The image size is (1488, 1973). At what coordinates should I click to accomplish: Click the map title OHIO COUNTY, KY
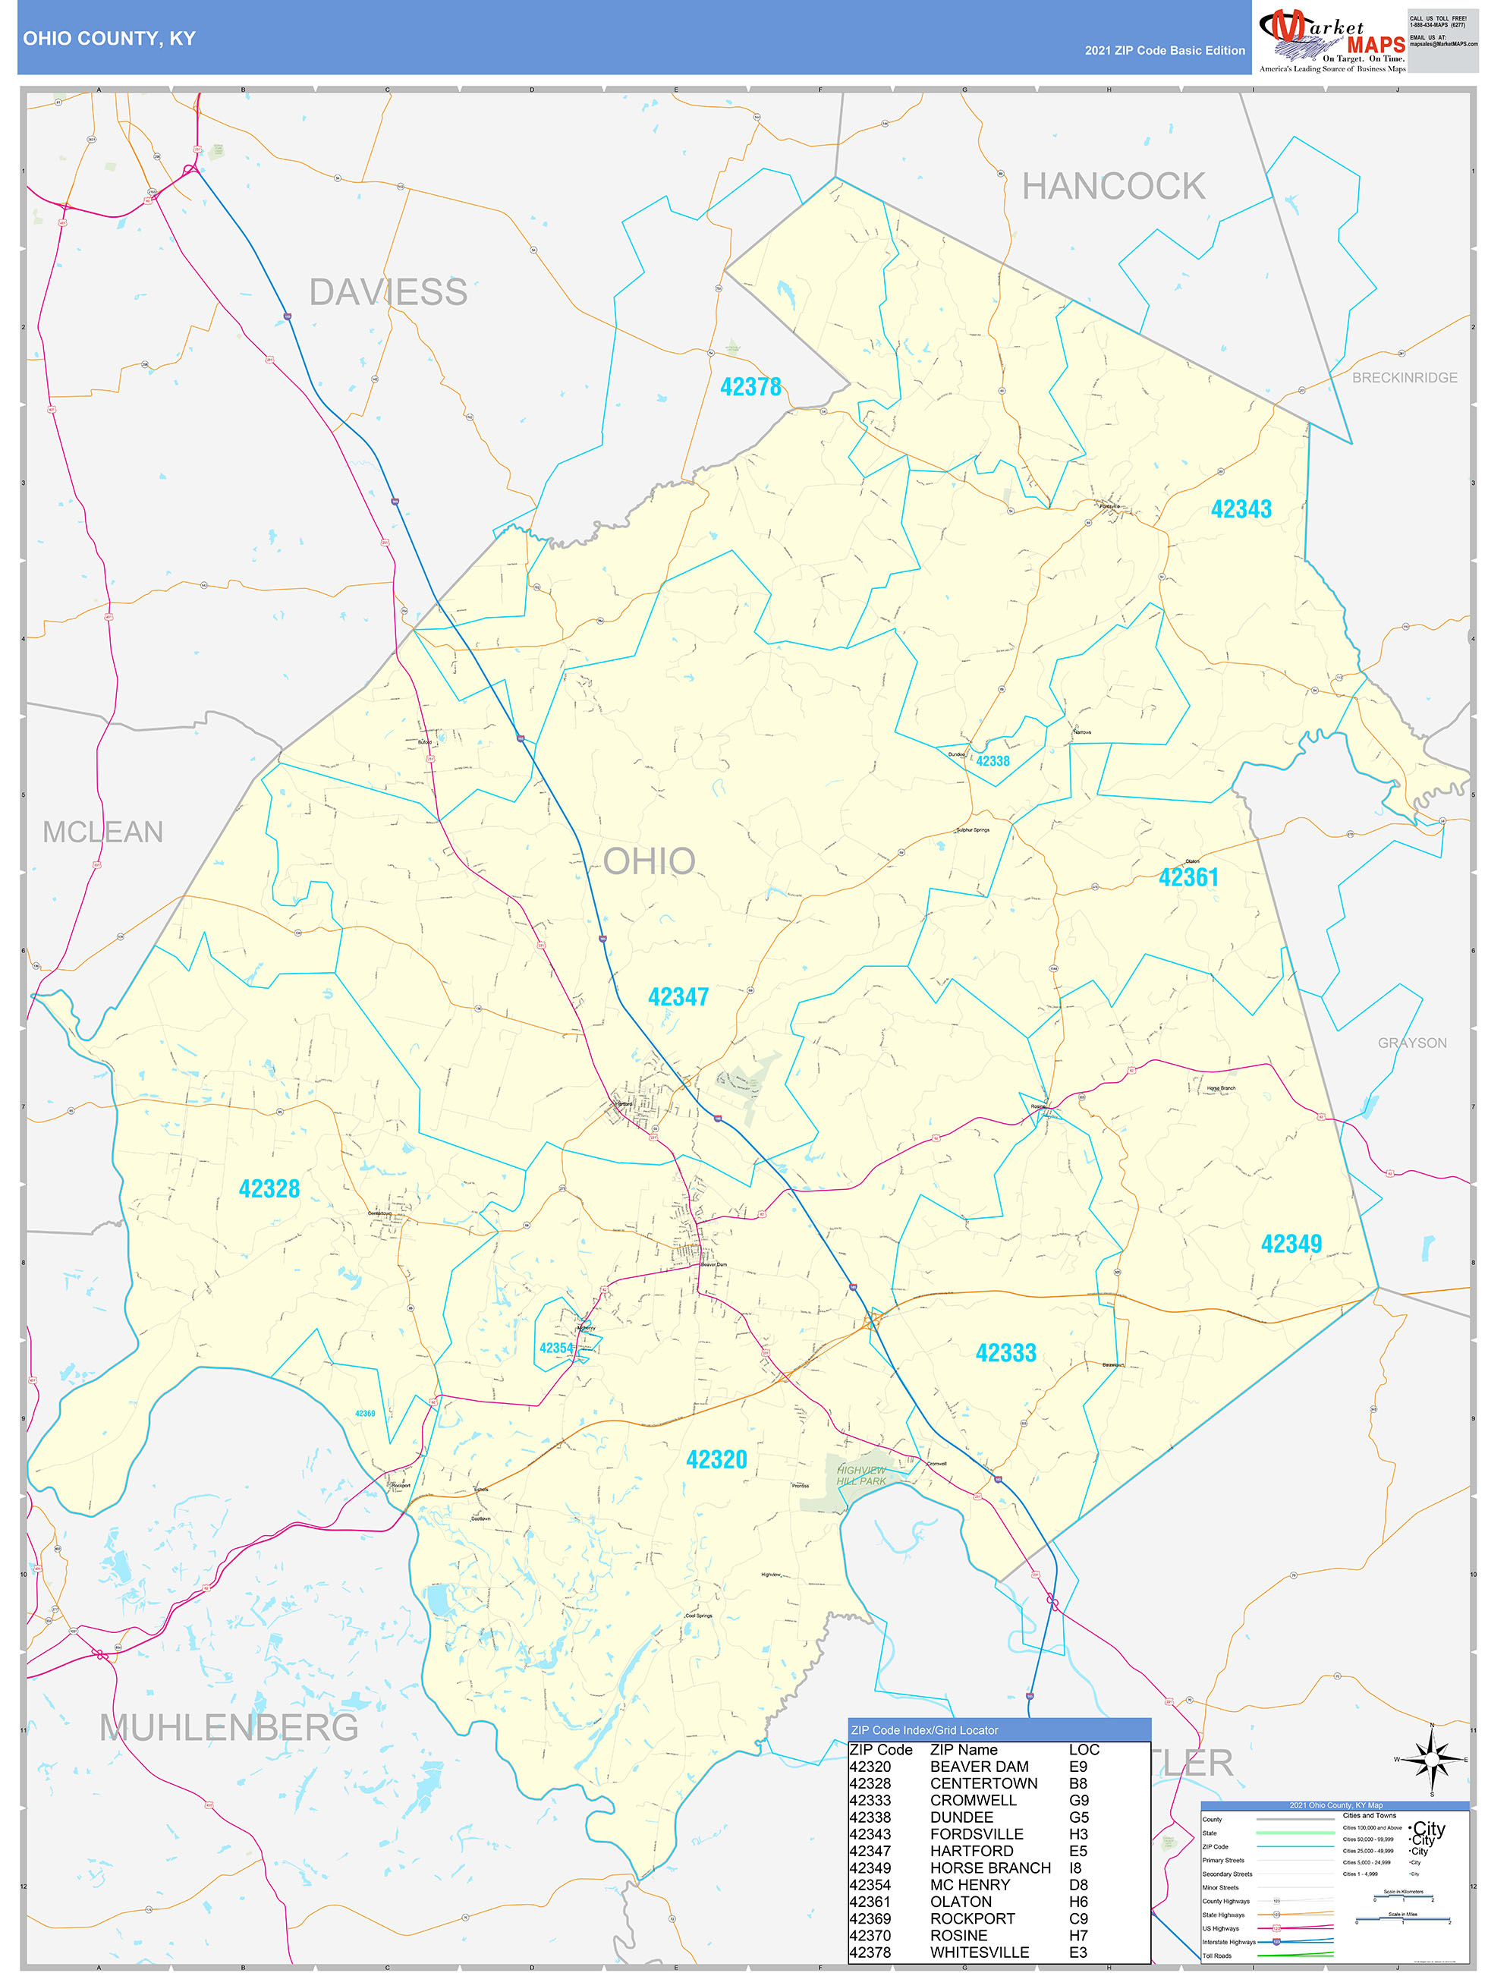tap(109, 39)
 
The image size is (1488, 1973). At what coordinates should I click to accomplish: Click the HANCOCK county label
tap(1112, 187)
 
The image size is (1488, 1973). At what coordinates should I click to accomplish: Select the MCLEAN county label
tap(102, 832)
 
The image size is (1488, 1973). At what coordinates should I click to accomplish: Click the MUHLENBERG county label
tap(228, 1728)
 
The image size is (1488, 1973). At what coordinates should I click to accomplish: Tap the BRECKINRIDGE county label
tap(1404, 378)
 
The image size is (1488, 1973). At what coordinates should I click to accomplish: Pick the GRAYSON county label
tap(1412, 1043)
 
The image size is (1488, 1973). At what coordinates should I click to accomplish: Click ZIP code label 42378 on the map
tap(750, 387)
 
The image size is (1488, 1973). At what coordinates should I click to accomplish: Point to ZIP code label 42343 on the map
tap(1241, 509)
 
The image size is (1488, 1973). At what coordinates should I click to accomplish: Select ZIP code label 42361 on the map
tap(1188, 878)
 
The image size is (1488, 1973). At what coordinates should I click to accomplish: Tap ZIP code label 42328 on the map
tap(269, 1189)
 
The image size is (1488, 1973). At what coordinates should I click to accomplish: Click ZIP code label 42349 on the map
tap(1291, 1245)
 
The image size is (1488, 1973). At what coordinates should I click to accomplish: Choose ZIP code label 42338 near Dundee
tap(993, 762)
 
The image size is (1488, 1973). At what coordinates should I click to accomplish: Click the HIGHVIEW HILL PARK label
tap(861, 1475)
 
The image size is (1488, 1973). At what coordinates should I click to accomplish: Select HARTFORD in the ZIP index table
tap(971, 1851)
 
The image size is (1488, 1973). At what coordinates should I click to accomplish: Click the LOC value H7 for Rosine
tap(1077, 1936)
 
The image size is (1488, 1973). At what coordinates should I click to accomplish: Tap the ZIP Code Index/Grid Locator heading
tap(924, 1730)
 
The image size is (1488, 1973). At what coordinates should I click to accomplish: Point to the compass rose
tap(1432, 1760)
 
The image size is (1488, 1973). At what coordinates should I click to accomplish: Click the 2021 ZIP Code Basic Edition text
tap(1164, 51)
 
